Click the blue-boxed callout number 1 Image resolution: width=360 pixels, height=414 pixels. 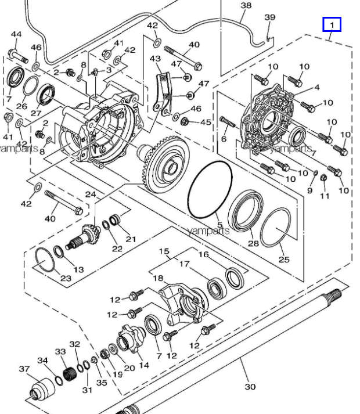[x=332, y=25]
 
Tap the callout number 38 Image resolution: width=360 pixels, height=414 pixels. [x=246, y=5]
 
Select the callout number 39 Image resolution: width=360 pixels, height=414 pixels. [x=269, y=17]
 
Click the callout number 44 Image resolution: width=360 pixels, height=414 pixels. [x=16, y=34]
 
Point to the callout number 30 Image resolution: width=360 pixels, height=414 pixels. [x=250, y=387]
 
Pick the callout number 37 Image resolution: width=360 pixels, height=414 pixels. [x=24, y=369]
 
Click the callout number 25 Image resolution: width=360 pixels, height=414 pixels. [x=284, y=260]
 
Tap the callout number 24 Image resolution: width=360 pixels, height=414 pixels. [x=91, y=195]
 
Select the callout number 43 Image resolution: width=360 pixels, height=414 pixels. [x=155, y=58]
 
